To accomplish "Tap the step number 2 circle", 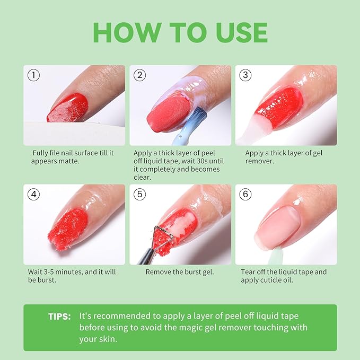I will [x=140, y=75].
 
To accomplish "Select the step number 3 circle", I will [x=245, y=75].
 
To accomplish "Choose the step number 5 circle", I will [x=140, y=194].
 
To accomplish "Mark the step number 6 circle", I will [x=245, y=194].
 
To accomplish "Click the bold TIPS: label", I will [x=58, y=316].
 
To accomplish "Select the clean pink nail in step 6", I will [x=279, y=228].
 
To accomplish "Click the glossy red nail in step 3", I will [x=279, y=108].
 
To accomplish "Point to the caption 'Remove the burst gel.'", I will [x=180, y=272].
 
